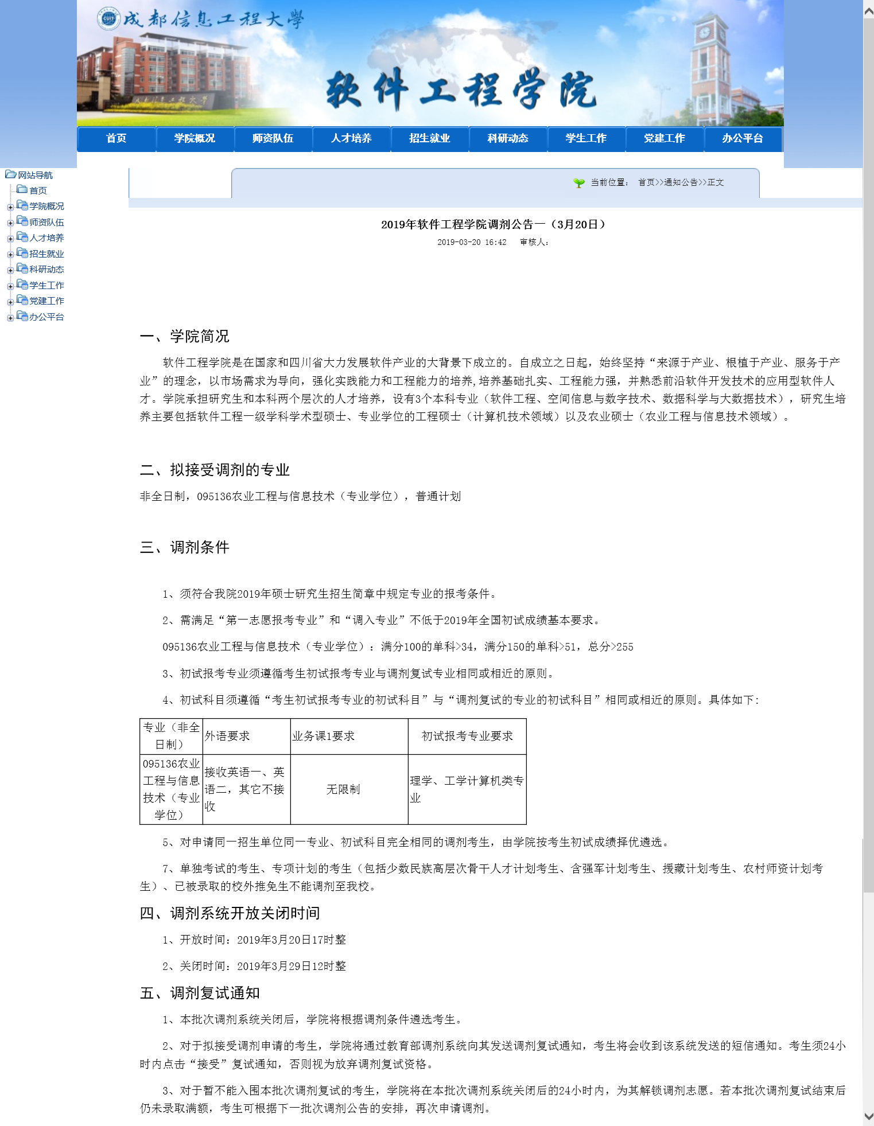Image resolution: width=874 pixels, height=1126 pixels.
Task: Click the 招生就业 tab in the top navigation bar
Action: [429, 138]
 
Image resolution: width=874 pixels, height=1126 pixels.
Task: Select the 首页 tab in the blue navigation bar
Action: [116, 138]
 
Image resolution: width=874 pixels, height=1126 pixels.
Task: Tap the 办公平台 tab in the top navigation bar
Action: [742, 138]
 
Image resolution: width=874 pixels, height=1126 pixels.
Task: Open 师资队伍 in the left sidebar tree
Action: [46, 222]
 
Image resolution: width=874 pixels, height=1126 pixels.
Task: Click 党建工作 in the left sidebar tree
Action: [46, 301]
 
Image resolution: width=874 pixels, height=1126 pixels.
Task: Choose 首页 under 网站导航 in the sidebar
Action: [38, 190]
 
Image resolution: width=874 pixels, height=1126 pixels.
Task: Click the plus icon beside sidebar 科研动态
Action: [10, 270]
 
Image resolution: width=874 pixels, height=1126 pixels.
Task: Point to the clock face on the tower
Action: [703, 32]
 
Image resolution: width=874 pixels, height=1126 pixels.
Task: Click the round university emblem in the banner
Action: [108, 19]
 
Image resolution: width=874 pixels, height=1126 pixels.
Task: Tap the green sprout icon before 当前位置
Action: [579, 182]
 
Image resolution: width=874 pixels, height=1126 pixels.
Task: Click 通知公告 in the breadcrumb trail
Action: [681, 182]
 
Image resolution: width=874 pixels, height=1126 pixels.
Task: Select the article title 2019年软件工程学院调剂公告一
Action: [493, 224]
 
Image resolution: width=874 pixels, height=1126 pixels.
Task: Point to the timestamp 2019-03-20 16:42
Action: [472, 242]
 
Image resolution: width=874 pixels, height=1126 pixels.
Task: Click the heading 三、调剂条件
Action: [184, 547]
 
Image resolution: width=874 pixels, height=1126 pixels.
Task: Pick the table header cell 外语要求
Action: [227, 736]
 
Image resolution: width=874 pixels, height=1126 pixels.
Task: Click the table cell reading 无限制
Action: [343, 789]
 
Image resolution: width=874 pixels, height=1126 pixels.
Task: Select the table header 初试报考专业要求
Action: [467, 736]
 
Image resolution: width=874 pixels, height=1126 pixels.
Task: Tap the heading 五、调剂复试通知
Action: [200, 993]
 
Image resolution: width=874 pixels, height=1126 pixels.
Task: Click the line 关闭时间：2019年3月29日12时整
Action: [254, 966]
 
